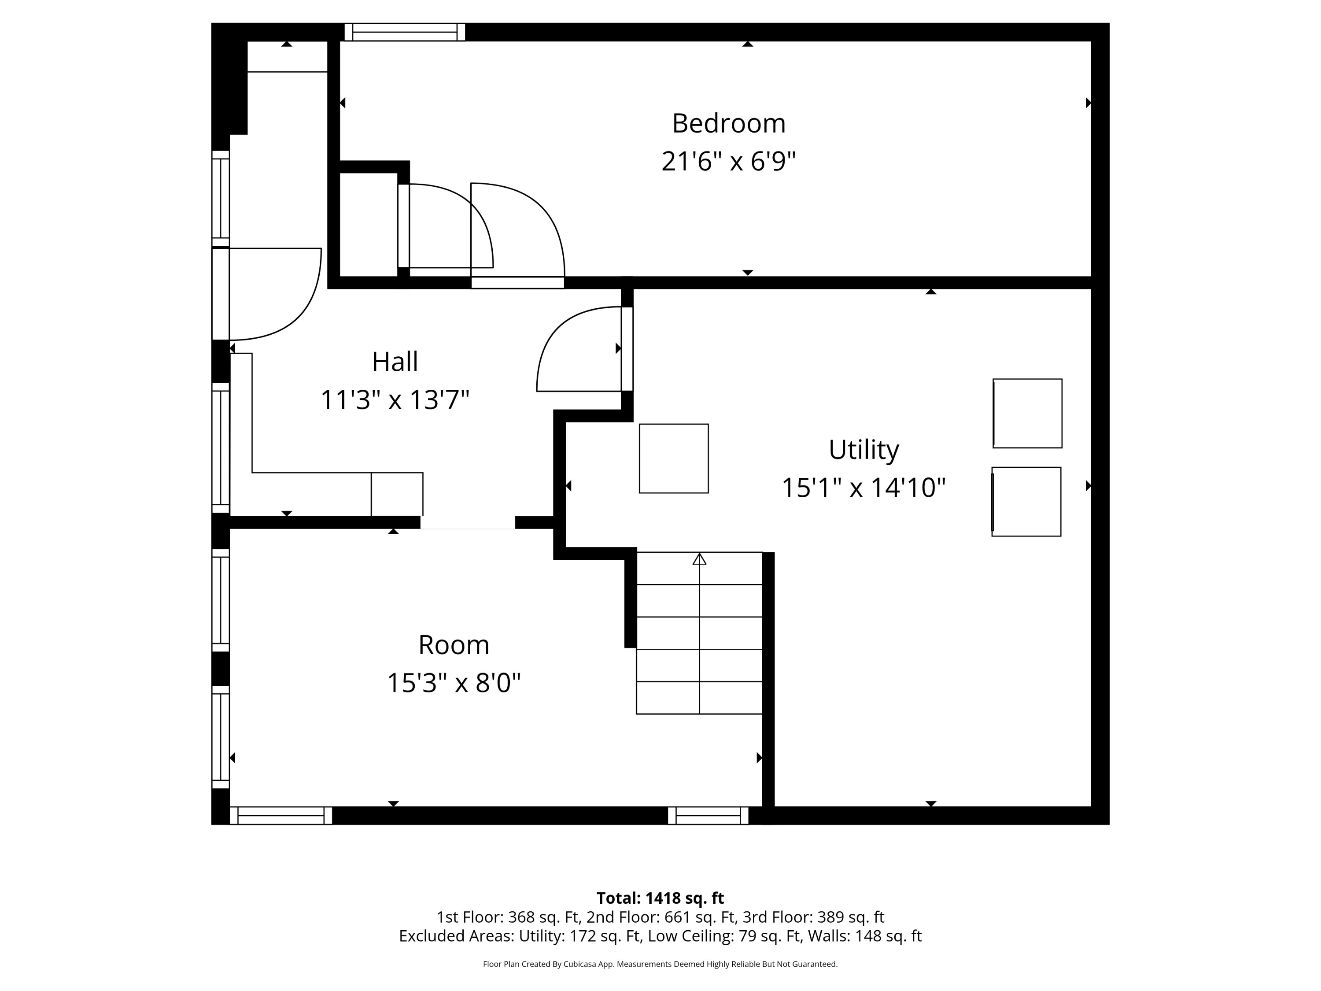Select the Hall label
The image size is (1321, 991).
coord(395,362)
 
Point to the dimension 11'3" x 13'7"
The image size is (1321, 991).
coord(395,399)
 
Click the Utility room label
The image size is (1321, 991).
coord(863,450)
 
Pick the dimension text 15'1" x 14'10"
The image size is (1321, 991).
coord(863,488)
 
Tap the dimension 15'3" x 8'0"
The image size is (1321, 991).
coord(453,683)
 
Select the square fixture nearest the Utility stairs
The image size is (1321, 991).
coord(674,459)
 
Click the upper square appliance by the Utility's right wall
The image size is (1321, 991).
coord(1027,414)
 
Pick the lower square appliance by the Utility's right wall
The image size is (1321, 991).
coord(1026,502)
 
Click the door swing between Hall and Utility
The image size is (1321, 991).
coord(576,352)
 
